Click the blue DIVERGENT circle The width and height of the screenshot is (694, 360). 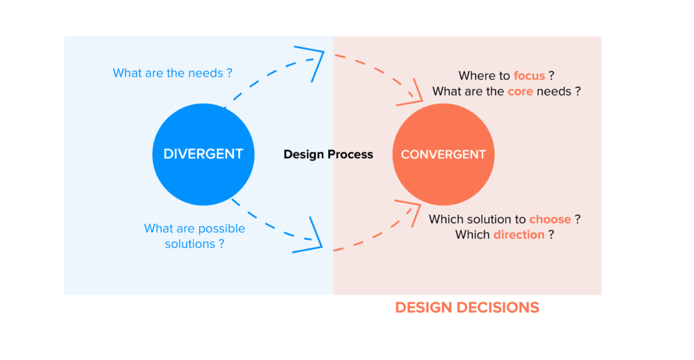coord(203,154)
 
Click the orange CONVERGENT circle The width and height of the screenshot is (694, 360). coord(443,154)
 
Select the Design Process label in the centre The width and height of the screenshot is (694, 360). coord(328,154)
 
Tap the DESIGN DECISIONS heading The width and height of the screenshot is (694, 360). coord(467,307)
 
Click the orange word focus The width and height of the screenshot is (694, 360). coord(529,76)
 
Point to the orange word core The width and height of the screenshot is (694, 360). coord(520,91)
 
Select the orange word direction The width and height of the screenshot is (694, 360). coord(518,235)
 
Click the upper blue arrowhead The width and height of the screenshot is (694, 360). coord(314,60)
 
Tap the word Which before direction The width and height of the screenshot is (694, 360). coord(472,235)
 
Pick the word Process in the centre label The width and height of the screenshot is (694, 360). coord(350,154)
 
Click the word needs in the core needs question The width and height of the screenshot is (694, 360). coord(554,91)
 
